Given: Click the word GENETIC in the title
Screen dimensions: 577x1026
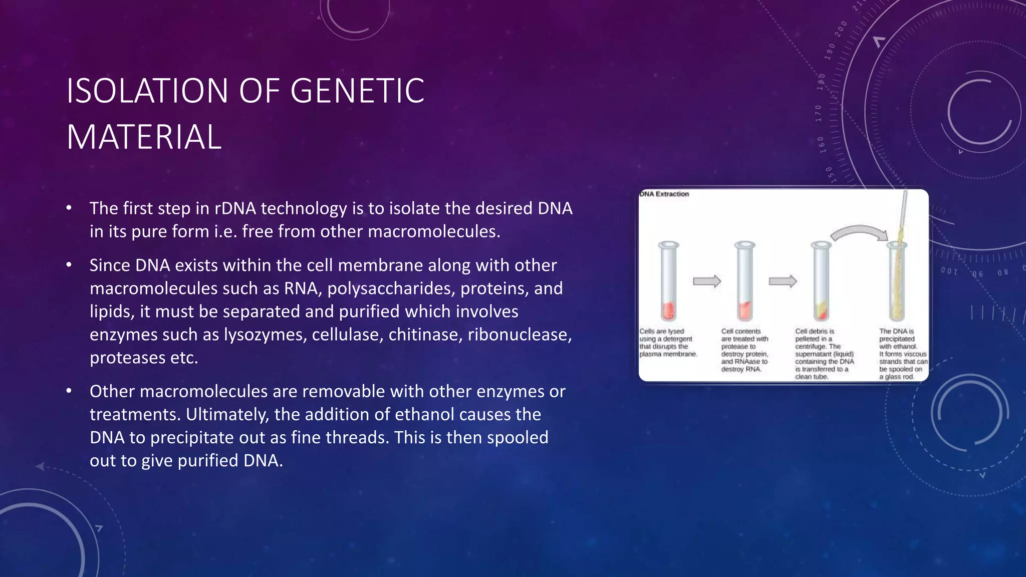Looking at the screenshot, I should pos(357,91).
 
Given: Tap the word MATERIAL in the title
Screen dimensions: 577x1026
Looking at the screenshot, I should pos(144,137).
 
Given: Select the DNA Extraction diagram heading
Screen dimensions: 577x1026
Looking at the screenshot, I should pos(664,194).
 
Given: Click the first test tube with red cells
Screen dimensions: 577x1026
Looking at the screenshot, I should pos(669,281).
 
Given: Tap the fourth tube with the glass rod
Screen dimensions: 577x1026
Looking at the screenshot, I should pos(897,280).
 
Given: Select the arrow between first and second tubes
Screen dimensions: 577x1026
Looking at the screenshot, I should pos(706,281).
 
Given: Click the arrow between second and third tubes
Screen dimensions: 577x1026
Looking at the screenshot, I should pos(783,281).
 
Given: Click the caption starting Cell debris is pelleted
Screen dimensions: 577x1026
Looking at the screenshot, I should pos(824,354).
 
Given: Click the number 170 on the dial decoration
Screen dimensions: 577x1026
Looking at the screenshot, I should pos(819,113).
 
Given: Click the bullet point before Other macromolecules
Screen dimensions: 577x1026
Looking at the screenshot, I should pos(70,391).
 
